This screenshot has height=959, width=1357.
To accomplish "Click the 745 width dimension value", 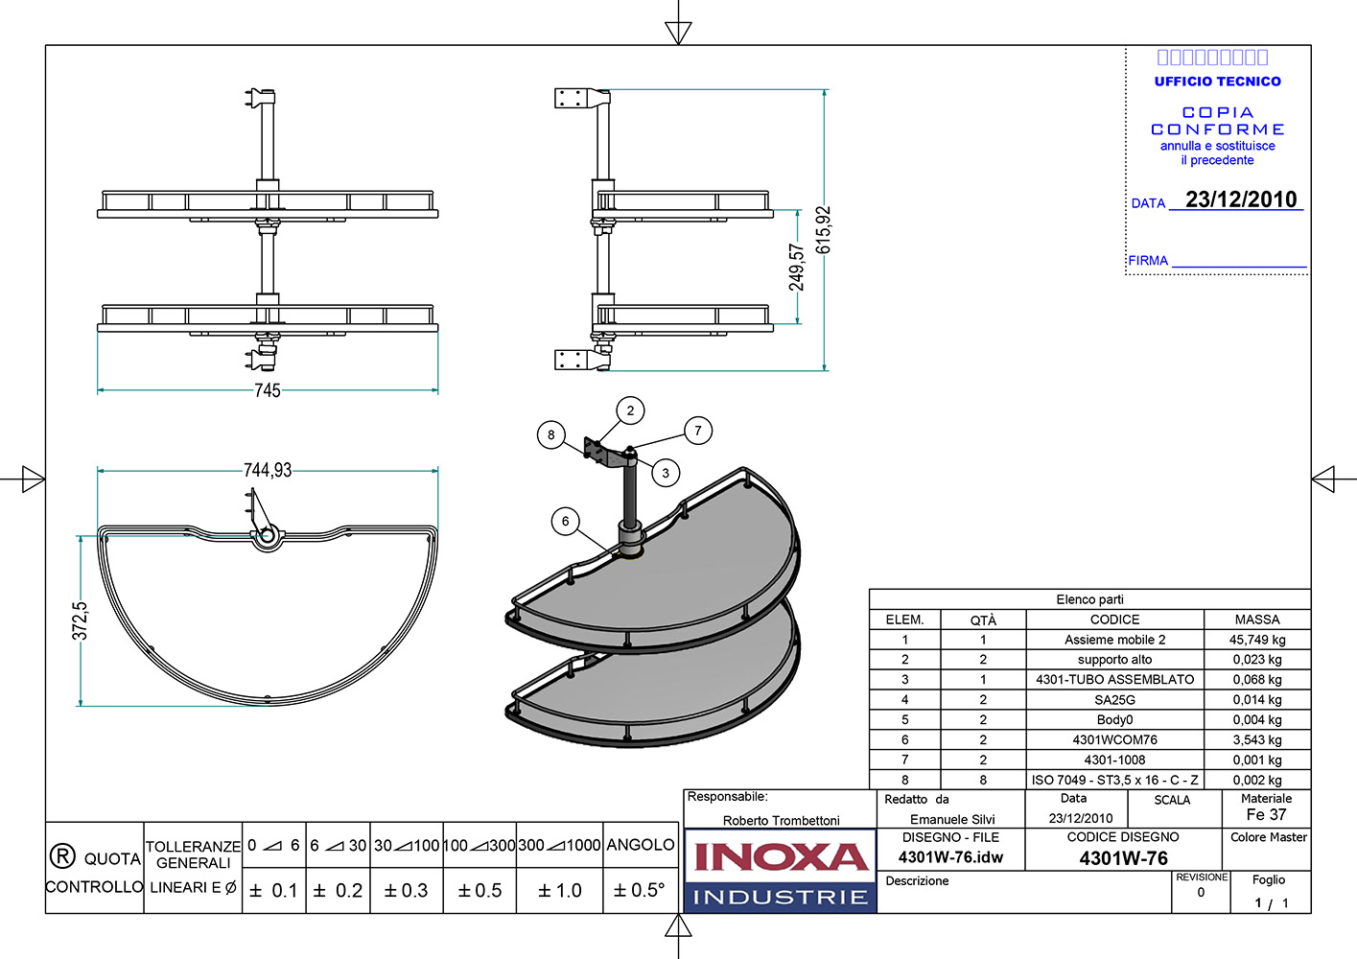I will pyautogui.click(x=268, y=390).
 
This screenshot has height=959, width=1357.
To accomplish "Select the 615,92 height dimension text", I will pyautogui.click(x=824, y=230).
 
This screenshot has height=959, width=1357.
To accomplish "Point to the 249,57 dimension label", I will pyautogui.click(x=797, y=267).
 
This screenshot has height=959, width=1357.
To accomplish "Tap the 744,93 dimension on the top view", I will pyautogui.click(x=268, y=470).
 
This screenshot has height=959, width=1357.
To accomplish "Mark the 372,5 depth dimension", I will pyautogui.click(x=81, y=620).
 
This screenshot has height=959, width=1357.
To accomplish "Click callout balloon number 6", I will pyautogui.click(x=566, y=522).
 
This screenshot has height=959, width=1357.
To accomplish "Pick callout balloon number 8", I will pyautogui.click(x=550, y=434).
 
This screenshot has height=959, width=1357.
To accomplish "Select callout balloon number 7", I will pyautogui.click(x=698, y=431).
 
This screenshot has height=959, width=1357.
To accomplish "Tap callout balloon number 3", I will pyautogui.click(x=666, y=473).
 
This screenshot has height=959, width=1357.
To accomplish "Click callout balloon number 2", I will pyautogui.click(x=630, y=410).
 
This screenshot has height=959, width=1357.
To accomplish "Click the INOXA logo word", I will pyautogui.click(x=780, y=856).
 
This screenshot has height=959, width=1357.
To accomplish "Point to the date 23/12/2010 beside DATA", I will pyautogui.click(x=1241, y=199).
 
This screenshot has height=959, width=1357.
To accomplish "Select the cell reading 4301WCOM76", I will pyautogui.click(x=1114, y=739).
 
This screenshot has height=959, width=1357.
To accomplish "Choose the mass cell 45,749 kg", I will pyautogui.click(x=1257, y=640).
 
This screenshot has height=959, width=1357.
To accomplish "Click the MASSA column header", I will pyautogui.click(x=1257, y=620).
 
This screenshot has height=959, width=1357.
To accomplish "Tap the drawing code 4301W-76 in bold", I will pyautogui.click(x=1123, y=858).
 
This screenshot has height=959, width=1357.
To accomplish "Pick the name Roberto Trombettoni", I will pyautogui.click(x=781, y=820).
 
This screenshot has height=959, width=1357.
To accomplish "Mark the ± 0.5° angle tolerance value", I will pyautogui.click(x=639, y=890).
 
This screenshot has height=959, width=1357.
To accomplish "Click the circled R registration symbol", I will pyautogui.click(x=61, y=855).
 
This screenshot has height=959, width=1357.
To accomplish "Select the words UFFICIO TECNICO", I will pyautogui.click(x=1217, y=82).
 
